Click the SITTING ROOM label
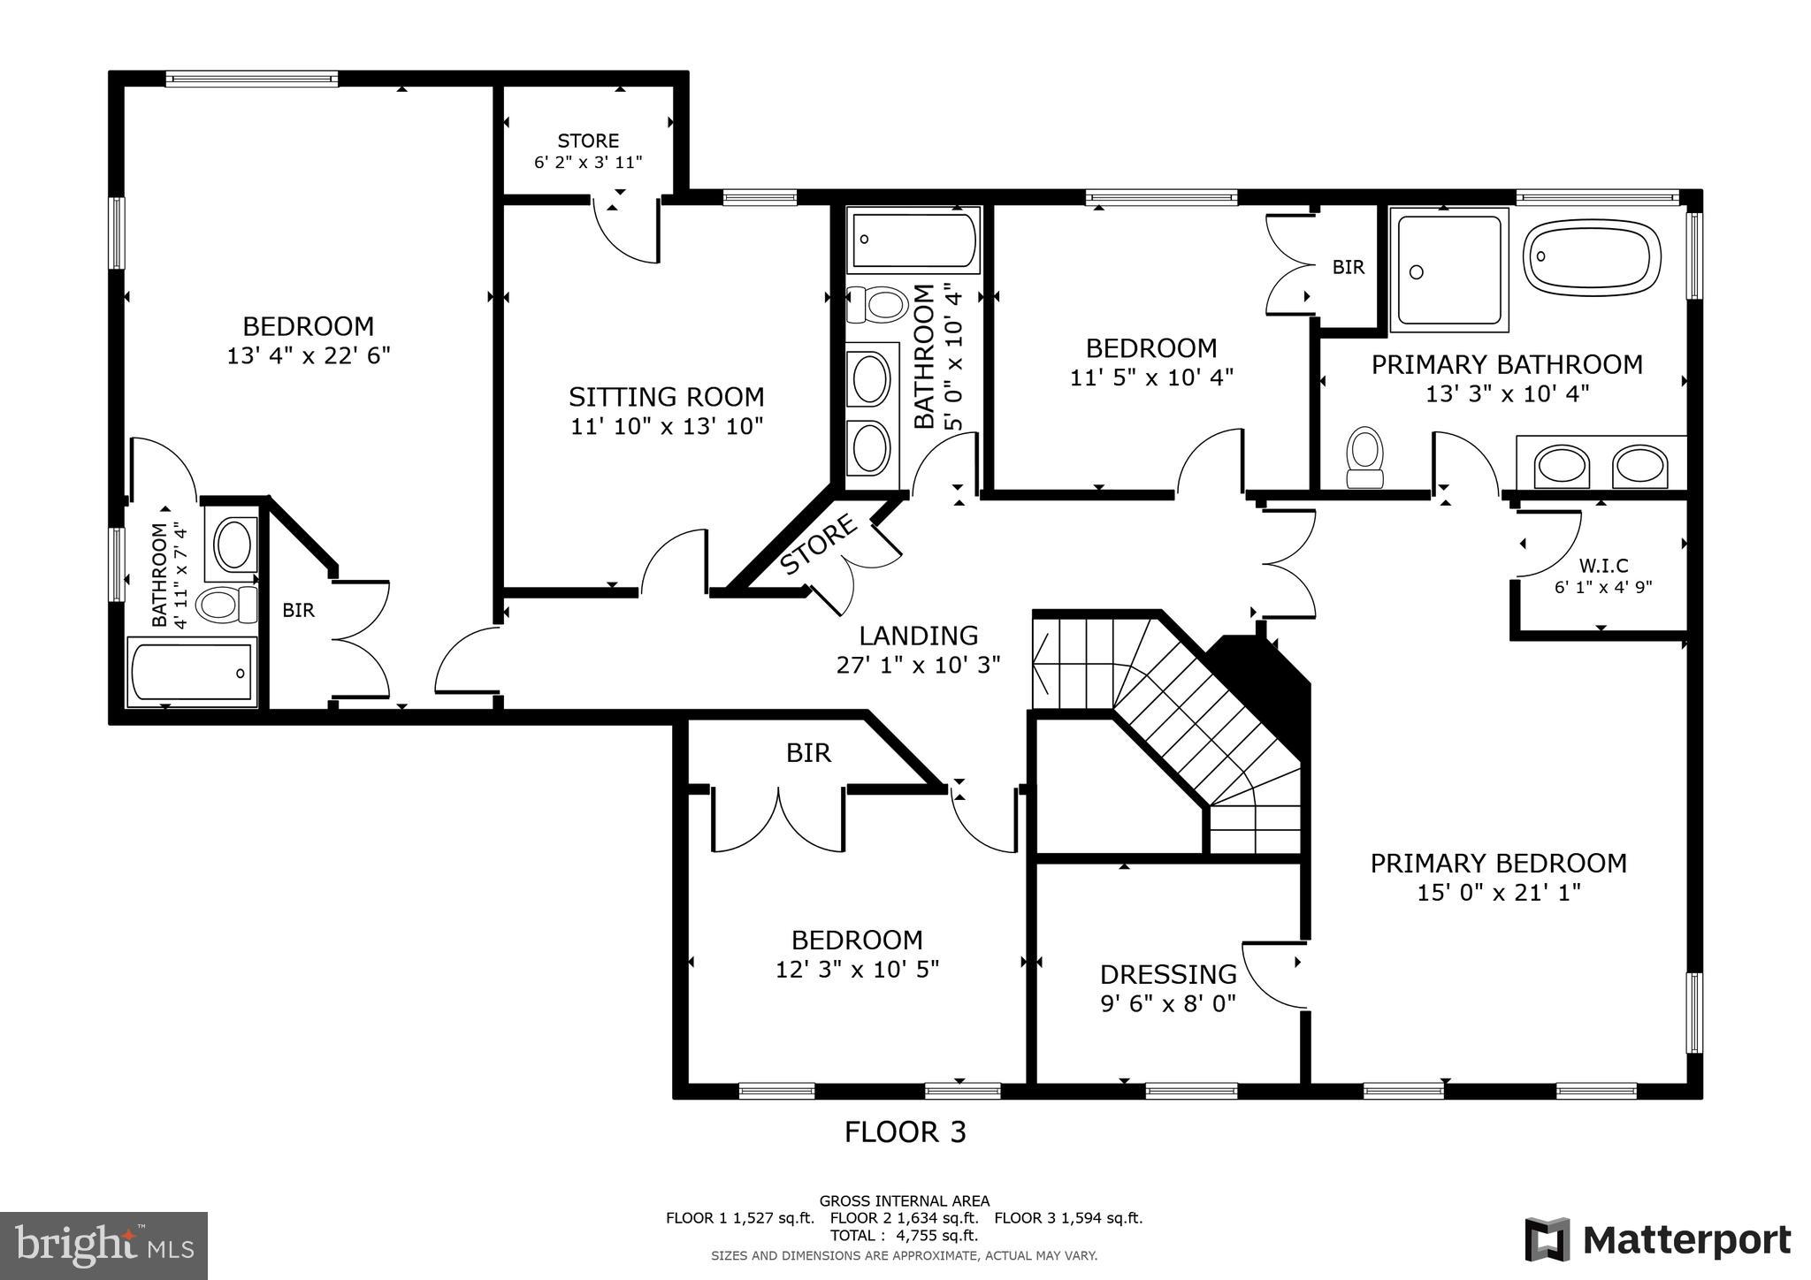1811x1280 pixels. (x=666, y=397)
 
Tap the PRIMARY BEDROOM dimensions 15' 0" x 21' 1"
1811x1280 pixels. (x=1498, y=893)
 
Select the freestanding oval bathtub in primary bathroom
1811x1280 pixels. (x=1591, y=256)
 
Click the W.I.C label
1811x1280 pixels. (x=1603, y=566)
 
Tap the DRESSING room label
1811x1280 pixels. (x=1167, y=974)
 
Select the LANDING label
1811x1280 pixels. (x=918, y=636)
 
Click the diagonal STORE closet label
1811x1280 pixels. (x=819, y=545)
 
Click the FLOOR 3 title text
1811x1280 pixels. (x=905, y=1132)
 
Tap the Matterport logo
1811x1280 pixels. (x=1657, y=1239)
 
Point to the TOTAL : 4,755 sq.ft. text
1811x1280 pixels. (x=904, y=1236)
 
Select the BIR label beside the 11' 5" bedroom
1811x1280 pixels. (x=1348, y=267)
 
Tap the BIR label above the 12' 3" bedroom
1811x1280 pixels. (x=808, y=753)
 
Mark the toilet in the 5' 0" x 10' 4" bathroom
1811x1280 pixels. (x=878, y=305)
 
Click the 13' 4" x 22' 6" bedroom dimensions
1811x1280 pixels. (x=309, y=356)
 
